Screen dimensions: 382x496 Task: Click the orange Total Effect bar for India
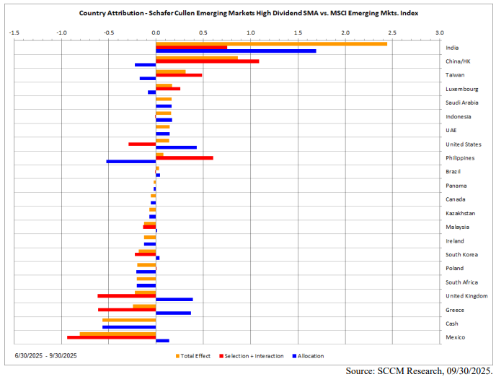(271, 44)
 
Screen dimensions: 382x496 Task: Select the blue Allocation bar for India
(236, 51)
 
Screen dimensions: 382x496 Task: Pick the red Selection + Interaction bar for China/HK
(208, 61)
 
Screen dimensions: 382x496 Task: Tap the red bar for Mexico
(112, 337)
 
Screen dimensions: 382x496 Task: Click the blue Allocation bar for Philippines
(131, 161)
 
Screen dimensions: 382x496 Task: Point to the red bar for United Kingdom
(127, 295)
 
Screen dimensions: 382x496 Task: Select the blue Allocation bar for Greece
(174, 313)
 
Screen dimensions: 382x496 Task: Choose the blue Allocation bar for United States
(176, 147)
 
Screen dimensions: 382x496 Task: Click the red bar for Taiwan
(179, 75)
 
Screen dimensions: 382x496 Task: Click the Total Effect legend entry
(193, 356)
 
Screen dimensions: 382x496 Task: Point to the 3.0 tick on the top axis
(440, 32)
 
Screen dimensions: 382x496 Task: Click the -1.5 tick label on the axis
(14, 32)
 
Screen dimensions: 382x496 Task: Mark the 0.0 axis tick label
(156, 32)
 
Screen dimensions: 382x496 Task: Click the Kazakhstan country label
(460, 213)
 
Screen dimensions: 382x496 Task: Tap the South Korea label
(461, 254)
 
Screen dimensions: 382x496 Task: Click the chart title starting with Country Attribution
(248, 13)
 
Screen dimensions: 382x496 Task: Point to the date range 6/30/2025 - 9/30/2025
(45, 356)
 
